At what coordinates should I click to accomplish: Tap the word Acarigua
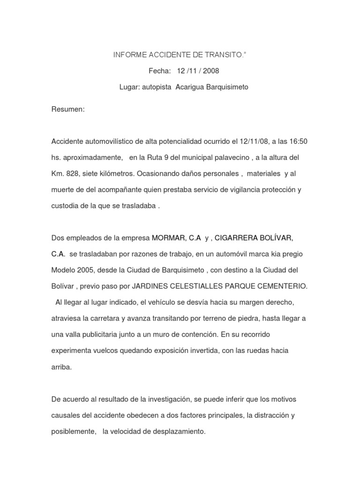click(x=190, y=87)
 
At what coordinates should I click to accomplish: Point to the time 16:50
click(x=298, y=141)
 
